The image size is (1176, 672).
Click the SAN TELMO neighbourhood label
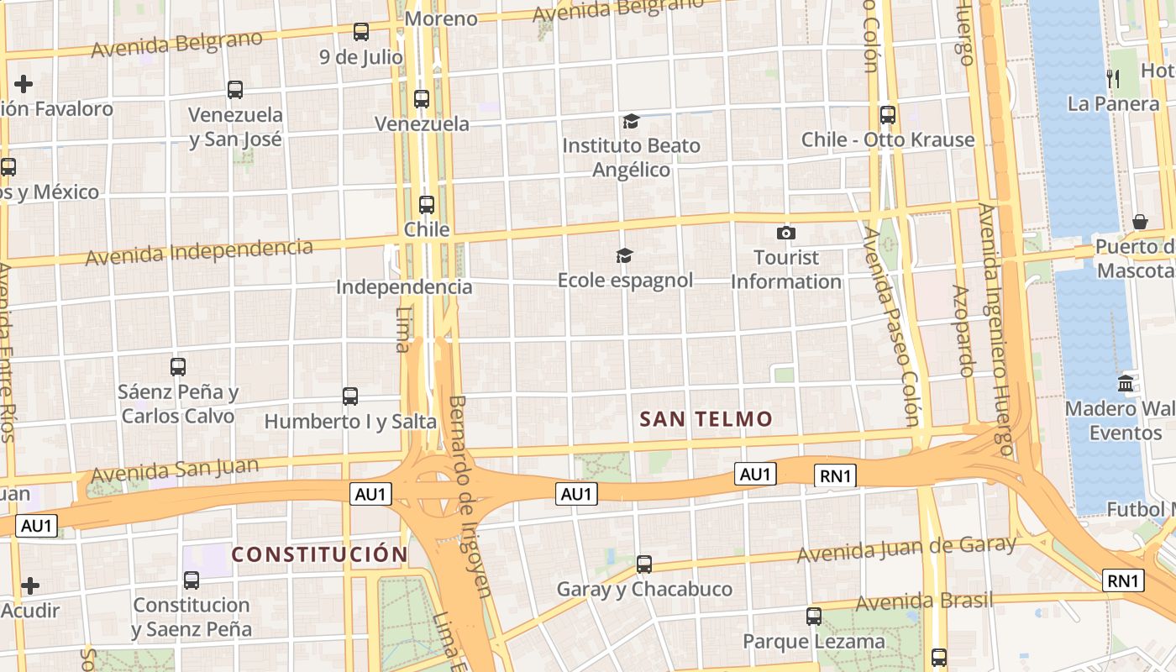pos(706,419)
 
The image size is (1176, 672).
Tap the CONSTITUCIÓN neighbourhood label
pos(319,554)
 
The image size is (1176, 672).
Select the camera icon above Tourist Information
pos(786,233)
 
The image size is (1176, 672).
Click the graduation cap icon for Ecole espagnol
pos(624,255)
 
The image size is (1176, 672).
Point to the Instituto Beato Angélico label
pos(631,157)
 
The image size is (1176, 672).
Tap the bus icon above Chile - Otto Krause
pos(888,115)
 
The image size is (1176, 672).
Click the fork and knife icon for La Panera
pos(1113,79)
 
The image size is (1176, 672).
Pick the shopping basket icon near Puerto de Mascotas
pos(1140,222)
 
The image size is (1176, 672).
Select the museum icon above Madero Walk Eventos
pos(1126,383)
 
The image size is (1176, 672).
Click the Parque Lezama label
pos(813,642)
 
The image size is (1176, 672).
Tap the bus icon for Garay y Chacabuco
pos(644,564)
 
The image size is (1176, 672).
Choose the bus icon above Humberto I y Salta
pos(350,396)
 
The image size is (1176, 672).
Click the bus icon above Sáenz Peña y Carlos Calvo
pos(178,366)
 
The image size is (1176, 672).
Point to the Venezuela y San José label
pos(235,126)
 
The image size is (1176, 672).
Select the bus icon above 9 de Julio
pos(361,32)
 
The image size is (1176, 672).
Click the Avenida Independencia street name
pos(199,251)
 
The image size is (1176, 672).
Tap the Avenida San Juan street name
pos(163,470)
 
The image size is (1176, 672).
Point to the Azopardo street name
pos(963,330)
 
